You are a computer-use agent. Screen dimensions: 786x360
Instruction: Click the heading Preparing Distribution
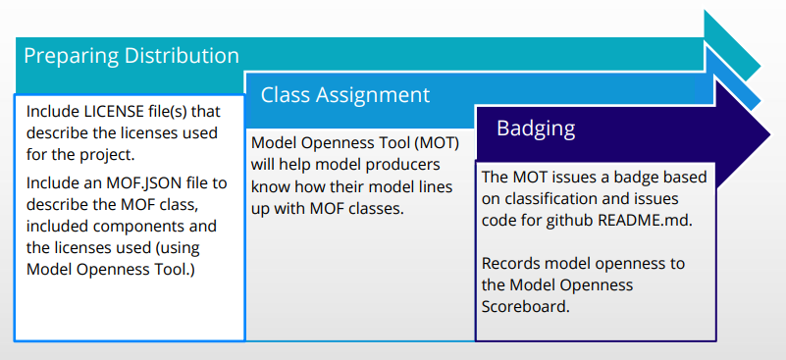coord(131,56)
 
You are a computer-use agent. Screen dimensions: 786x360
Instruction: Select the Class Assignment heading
coord(344,95)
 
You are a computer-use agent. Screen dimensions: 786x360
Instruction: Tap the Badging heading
coord(536,129)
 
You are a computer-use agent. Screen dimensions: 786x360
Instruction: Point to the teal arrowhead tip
coord(760,66)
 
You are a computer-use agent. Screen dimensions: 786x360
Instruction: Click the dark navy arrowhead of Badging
coord(742,133)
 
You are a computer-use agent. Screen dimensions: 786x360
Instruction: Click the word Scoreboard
coord(525,306)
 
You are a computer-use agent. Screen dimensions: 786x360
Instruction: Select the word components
coord(124,227)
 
